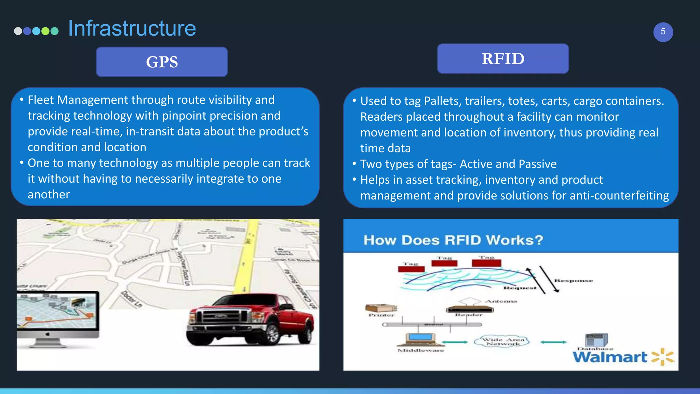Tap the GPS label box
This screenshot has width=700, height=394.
(x=162, y=62)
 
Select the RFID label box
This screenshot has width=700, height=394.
(x=503, y=58)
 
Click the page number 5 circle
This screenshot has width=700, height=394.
(x=663, y=32)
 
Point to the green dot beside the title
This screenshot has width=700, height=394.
(x=45, y=31)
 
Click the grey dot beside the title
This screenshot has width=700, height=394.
(x=18, y=31)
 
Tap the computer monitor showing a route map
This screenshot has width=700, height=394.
(x=57, y=310)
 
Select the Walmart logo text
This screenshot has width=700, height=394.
(x=610, y=357)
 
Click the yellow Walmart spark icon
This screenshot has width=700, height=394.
(x=662, y=357)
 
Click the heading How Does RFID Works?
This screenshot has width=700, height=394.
(x=453, y=240)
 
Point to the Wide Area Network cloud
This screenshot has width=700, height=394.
(x=502, y=341)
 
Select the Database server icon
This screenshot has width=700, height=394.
(x=596, y=340)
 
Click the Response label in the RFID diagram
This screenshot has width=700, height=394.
(x=573, y=281)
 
